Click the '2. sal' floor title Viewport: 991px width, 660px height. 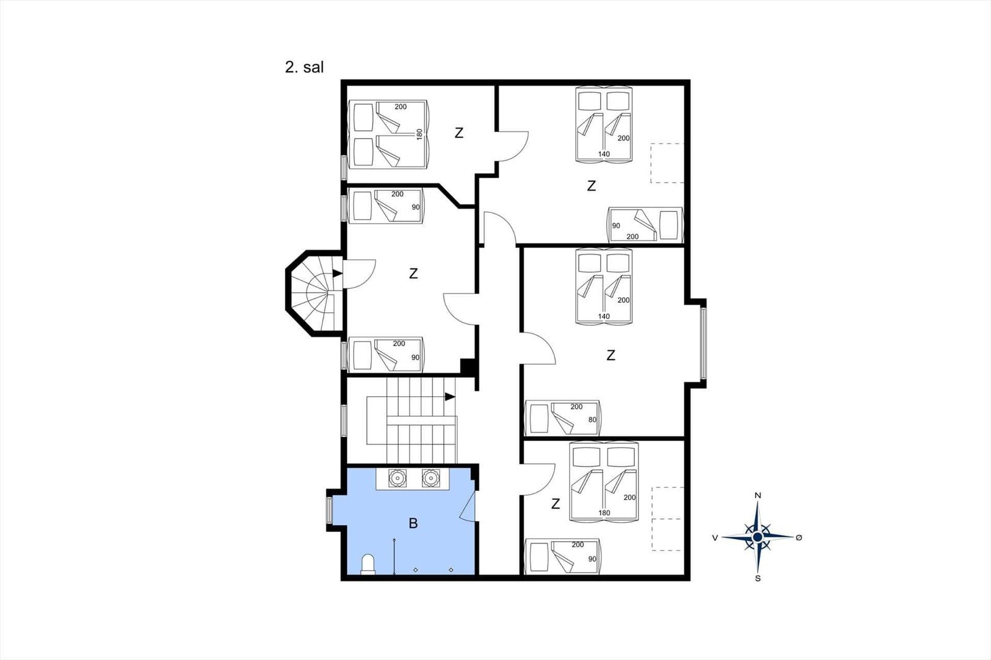tap(304, 67)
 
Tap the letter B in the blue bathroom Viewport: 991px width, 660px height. tap(413, 523)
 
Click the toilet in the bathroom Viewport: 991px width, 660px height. tap(368, 565)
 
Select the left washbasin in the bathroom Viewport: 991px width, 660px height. tap(397, 478)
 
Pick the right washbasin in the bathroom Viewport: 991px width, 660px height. tap(430, 478)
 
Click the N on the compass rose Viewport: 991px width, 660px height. tap(757, 495)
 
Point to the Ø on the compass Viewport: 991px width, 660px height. tap(798, 537)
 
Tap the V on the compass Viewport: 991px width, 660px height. tap(715, 537)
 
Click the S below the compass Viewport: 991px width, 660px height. tap(758, 579)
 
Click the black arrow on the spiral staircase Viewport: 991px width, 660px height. tap(338, 274)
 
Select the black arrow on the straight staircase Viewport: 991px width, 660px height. tap(450, 397)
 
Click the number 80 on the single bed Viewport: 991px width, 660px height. tap(592, 419)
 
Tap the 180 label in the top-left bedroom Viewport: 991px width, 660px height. tap(419, 134)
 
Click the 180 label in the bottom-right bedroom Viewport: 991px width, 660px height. tap(604, 513)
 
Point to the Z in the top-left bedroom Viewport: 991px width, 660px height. tap(459, 132)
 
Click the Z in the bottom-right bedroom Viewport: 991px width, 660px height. tap(556, 503)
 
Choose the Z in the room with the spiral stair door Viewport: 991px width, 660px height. tap(413, 274)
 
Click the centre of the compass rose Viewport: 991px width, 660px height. tap(757, 537)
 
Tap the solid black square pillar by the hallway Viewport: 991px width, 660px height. tap(468, 367)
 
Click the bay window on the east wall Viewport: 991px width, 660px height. tap(703, 343)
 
